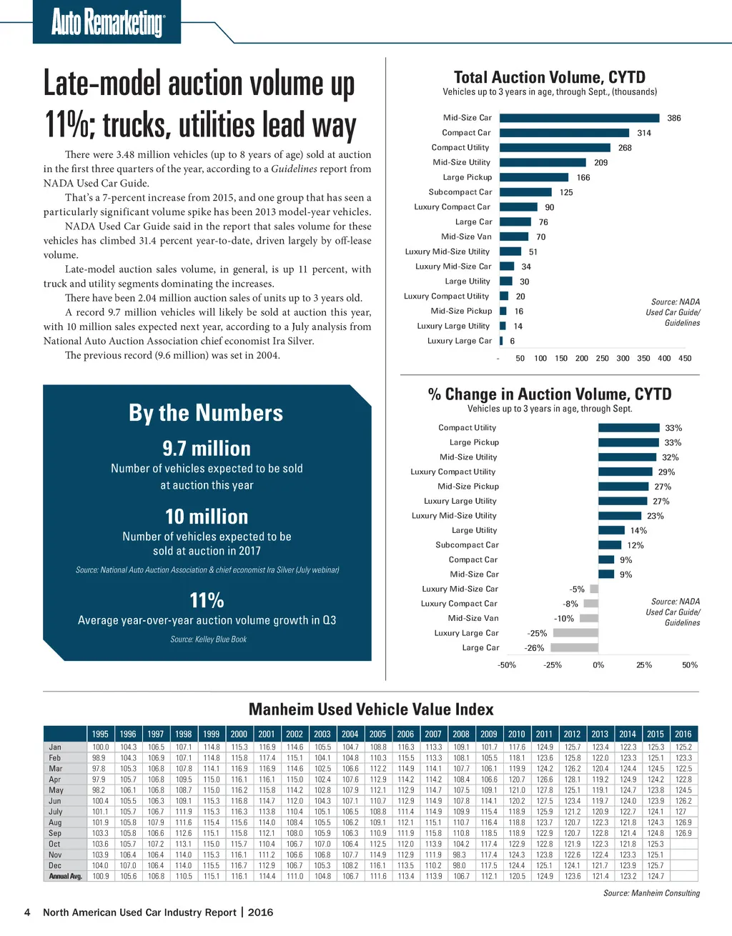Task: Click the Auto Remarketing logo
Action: tap(107, 22)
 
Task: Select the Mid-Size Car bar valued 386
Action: tap(579, 118)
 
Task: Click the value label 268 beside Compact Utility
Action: tap(625, 148)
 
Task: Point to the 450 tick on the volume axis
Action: tap(685, 359)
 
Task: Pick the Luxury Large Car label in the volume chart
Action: tap(460, 341)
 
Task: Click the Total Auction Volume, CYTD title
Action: tap(549, 77)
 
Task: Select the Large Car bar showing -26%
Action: tap(574, 648)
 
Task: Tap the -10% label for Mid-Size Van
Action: tap(564, 619)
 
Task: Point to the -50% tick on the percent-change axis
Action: tap(507, 665)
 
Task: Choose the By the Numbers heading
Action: tap(206, 413)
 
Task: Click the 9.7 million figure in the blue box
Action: tap(207, 449)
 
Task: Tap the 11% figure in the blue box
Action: tap(207, 600)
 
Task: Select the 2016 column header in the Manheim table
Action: tap(683, 734)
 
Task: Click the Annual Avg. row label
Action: tap(65, 876)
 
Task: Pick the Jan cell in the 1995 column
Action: tap(100, 747)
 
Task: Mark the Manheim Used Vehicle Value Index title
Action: tap(371, 710)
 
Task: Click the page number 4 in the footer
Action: tap(27, 912)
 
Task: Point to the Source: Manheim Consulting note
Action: tap(651, 893)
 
